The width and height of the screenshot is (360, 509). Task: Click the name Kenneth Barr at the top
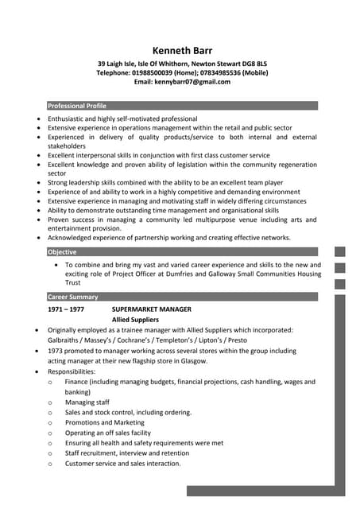point(183,50)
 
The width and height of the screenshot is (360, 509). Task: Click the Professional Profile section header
point(77,106)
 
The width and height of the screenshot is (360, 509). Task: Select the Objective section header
point(63,252)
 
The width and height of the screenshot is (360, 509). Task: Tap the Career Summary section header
point(73,297)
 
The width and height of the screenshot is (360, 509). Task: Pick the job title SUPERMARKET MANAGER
point(151,309)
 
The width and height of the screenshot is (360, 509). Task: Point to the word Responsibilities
point(72,371)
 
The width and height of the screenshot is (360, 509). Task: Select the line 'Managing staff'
point(87,402)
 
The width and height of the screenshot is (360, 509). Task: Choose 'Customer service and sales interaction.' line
point(123,463)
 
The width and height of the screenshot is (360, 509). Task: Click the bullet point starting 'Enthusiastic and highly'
point(122,119)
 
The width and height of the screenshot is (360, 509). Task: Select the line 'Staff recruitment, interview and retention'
point(127,453)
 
